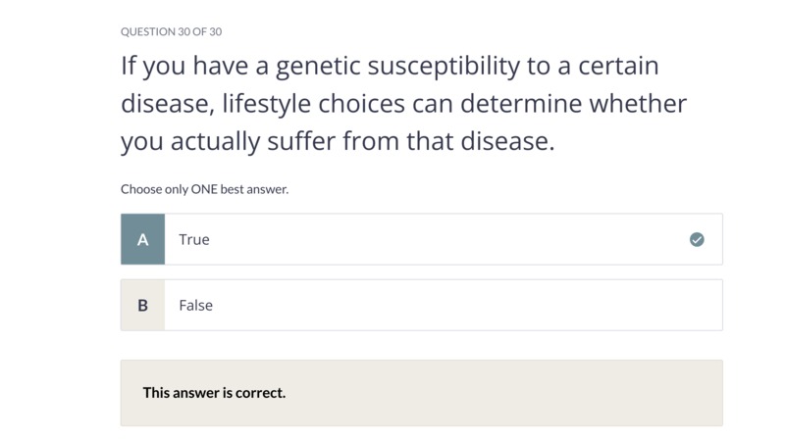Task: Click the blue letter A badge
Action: coord(142,239)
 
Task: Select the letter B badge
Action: coord(142,305)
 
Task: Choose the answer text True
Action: coord(194,239)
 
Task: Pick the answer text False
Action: coord(195,305)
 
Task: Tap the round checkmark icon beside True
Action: coord(697,239)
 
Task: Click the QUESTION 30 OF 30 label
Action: coord(171,31)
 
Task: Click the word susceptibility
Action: coord(444,67)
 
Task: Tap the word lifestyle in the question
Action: coord(266,104)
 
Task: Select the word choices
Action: coord(361,104)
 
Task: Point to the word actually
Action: coord(215,141)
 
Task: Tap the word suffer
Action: coord(301,140)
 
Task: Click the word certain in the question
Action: coord(618,66)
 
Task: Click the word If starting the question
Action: coord(129,66)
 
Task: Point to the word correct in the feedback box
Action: coord(260,393)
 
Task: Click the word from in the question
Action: coord(371,140)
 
